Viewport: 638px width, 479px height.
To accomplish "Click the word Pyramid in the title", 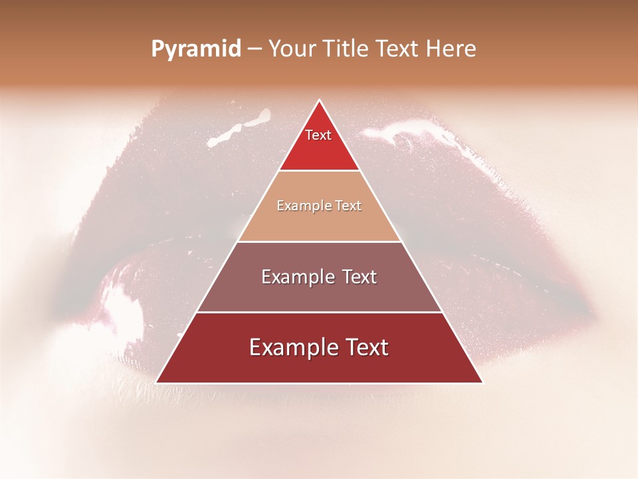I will coord(196,49).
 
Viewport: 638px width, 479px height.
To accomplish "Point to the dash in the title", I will coord(255,49).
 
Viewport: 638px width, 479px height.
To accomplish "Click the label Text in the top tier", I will coord(318,135).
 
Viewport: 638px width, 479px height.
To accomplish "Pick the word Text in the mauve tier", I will coord(360,277).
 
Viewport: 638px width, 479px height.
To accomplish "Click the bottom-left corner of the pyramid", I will coord(156,383).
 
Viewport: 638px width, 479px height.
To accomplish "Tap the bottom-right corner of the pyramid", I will coord(483,383).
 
